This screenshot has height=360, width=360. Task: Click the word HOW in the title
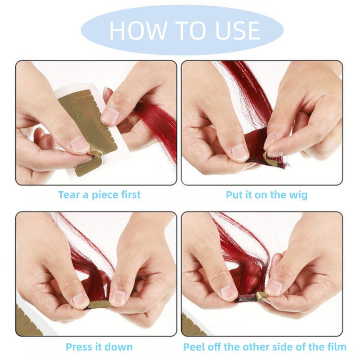tap(138, 30)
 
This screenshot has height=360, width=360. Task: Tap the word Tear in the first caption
tap(69, 195)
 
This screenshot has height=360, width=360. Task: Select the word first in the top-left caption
tap(130, 195)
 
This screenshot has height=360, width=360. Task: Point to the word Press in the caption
tap(79, 346)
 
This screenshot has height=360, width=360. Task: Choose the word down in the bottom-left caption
tap(119, 346)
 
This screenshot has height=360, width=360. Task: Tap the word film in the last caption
tap(337, 346)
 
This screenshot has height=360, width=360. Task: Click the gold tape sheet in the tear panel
tap(90, 129)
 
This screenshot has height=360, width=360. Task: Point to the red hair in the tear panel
tap(158, 129)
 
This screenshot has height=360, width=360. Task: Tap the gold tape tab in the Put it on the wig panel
tap(268, 158)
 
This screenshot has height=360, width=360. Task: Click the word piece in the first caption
tap(105, 195)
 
